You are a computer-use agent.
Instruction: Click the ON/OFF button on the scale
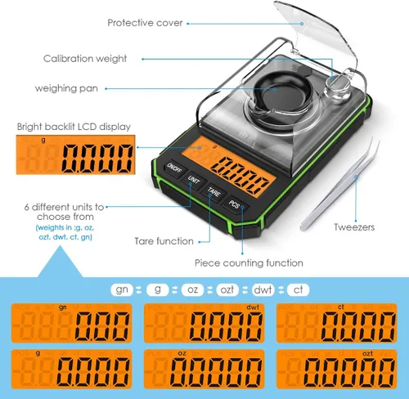click(174, 168)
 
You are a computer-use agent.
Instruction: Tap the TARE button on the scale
click(213, 193)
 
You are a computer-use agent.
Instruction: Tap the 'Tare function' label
click(164, 241)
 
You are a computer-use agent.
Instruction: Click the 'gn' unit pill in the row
click(122, 289)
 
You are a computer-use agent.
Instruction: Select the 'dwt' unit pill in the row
click(263, 289)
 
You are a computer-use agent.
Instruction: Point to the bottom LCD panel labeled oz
click(204, 370)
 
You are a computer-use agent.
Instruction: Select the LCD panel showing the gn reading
click(71, 325)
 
